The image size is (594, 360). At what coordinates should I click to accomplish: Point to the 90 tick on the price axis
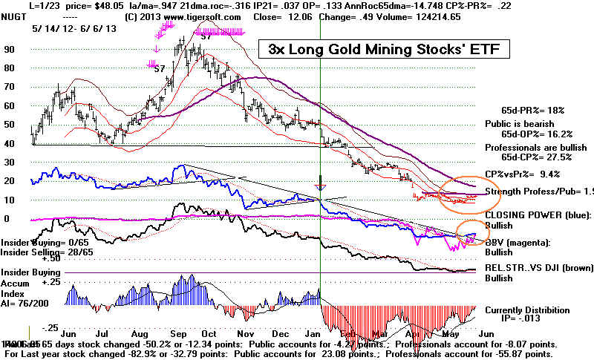coord(10,49)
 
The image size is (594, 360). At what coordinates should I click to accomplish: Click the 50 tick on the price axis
coord(10,124)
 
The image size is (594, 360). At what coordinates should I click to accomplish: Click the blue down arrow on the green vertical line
coord(320,184)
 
